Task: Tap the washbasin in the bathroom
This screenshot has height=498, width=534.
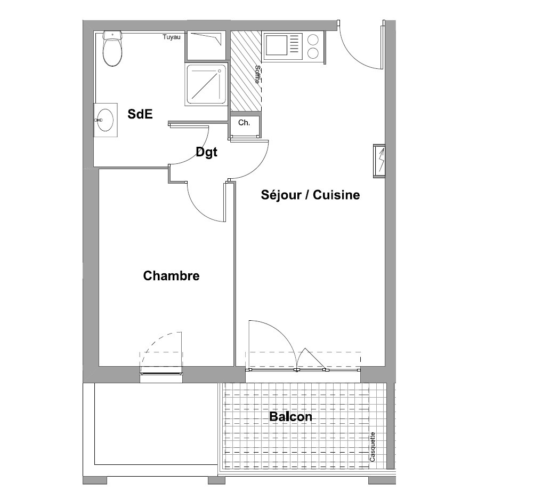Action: coord(105,120)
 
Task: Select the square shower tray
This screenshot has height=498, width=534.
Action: coord(206,84)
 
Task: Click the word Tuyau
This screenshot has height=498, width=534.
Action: coord(171,37)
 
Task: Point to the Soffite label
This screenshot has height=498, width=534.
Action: coord(257,74)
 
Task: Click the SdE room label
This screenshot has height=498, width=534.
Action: coord(140,114)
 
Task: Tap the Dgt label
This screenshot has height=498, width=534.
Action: coord(206,152)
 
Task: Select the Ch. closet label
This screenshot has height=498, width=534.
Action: coord(244,123)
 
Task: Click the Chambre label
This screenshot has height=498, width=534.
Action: coord(171,275)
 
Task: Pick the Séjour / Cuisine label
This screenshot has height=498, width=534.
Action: coord(310,195)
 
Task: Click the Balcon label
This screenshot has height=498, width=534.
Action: coord(290,416)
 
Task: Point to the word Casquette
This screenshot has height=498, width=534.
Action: coord(372,447)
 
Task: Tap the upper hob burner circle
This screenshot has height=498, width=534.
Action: coord(313,40)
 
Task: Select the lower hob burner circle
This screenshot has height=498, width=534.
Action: coord(313,53)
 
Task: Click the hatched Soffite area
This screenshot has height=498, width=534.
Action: coord(246,71)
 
